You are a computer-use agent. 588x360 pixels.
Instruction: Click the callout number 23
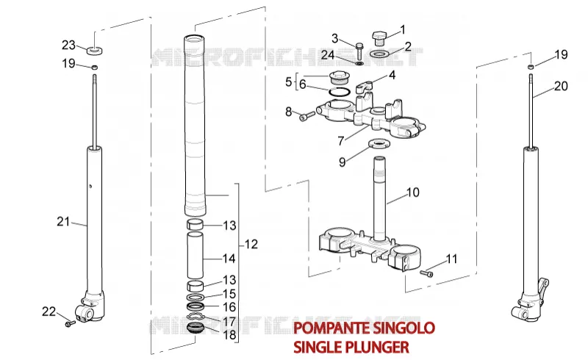coord(68,46)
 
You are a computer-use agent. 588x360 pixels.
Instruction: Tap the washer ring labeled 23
coord(96,50)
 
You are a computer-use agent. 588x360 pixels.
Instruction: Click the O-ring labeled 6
coord(340,92)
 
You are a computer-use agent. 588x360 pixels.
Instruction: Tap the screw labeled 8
coord(307,115)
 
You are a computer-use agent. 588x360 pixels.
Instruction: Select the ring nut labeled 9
coord(379,143)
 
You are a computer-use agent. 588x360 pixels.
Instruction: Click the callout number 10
coord(413,192)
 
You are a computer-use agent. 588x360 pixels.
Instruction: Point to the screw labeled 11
coord(426,274)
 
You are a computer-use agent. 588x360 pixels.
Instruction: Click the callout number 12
coord(251,245)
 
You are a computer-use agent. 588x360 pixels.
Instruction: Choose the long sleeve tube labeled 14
coord(196,256)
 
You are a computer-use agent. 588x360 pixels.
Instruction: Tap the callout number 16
coord(229,307)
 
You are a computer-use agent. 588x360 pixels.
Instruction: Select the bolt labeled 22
coord(70,323)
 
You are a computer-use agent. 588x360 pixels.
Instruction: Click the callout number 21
coord(63,222)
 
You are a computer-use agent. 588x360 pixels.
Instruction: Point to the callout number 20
coord(561,86)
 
